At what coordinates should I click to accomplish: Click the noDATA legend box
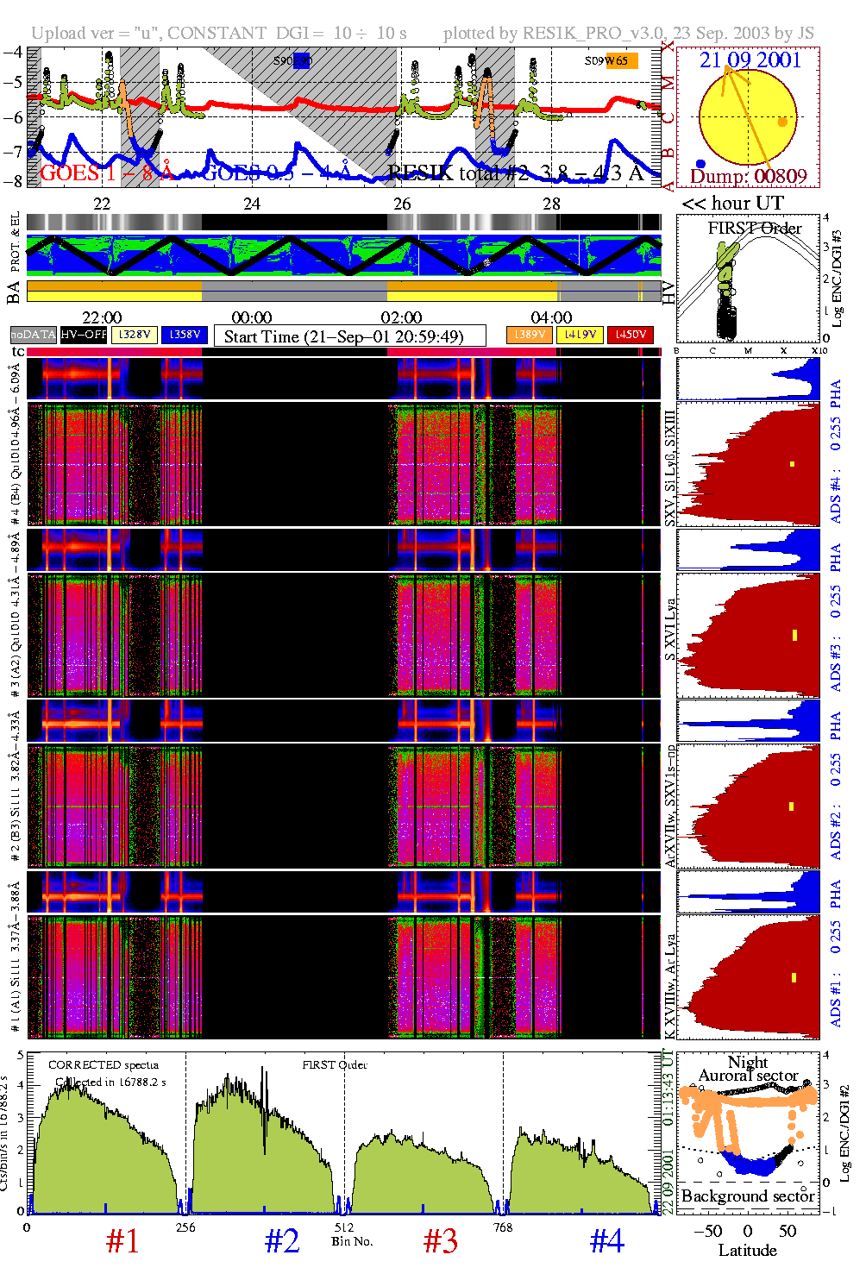click(x=34, y=334)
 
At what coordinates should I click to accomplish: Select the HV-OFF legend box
click(x=84, y=334)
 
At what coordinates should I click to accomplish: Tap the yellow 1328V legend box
click(x=135, y=334)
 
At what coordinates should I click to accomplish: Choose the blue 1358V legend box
click(x=185, y=334)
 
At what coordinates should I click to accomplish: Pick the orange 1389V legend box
click(x=529, y=334)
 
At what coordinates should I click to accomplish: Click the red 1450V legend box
click(x=630, y=334)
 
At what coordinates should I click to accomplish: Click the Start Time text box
click(x=349, y=336)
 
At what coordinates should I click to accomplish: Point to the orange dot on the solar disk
click(x=782, y=122)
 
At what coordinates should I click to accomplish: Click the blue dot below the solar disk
click(x=700, y=164)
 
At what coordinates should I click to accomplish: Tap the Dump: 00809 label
click(x=748, y=177)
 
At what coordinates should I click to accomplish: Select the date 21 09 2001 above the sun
click(x=750, y=60)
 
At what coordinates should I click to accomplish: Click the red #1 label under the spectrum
click(x=122, y=1241)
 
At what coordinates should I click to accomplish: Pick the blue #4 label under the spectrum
click(x=606, y=1241)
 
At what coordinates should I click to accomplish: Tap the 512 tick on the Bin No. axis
click(x=343, y=1227)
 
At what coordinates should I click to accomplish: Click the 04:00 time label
click(x=551, y=318)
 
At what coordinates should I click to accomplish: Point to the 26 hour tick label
click(x=402, y=204)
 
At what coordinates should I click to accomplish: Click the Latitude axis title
click(x=747, y=1251)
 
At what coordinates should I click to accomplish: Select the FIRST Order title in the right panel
click(x=755, y=229)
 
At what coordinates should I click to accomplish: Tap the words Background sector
click(x=747, y=1196)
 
